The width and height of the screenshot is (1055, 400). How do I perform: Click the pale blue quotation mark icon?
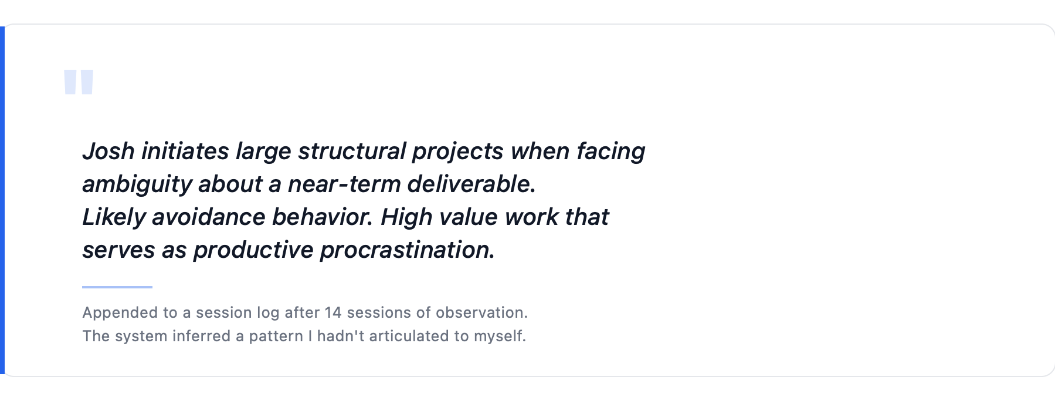click(x=79, y=82)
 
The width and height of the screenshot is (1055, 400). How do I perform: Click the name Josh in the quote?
click(x=108, y=152)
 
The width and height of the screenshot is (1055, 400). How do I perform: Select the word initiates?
click(x=185, y=152)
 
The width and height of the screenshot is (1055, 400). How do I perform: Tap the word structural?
click(x=352, y=152)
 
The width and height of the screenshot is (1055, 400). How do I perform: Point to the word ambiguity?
click(x=137, y=184)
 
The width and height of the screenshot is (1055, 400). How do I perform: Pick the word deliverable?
click(x=471, y=184)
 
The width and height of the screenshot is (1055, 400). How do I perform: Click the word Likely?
click(x=113, y=217)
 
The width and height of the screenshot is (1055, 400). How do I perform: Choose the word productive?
click(x=253, y=250)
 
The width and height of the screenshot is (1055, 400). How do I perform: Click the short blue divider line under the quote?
click(x=117, y=287)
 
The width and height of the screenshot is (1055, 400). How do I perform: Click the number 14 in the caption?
click(x=333, y=312)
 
